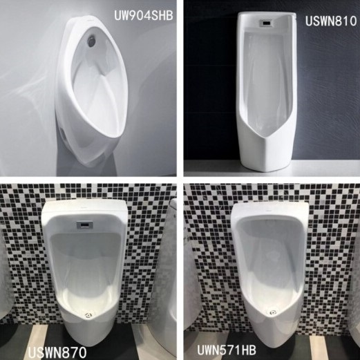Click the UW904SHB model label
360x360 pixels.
point(144,16)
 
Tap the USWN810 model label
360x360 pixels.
point(331,21)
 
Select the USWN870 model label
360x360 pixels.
point(57,352)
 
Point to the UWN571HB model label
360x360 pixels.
point(227,350)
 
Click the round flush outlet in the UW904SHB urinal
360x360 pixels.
point(92,41)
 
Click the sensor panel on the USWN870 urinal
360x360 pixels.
point(85,225)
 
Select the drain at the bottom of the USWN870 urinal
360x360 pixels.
point(88,314)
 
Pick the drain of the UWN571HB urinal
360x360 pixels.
point(273,312)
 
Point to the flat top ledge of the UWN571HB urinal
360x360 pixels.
point(269,209)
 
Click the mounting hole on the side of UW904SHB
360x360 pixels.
point(65,137)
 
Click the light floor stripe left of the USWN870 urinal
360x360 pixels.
point(39,339)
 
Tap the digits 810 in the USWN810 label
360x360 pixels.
point(344,21)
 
